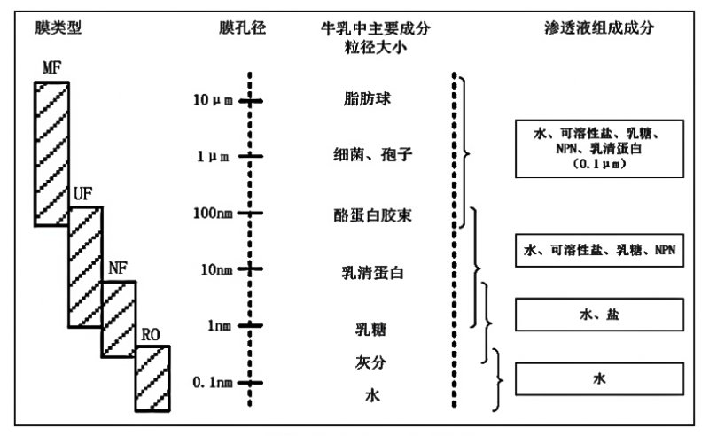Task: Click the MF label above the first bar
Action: click(52, 68)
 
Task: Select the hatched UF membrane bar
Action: click(85, 268)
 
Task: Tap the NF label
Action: click(118, 269)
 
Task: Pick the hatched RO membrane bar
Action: click(152, 378)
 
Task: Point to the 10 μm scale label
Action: click(213, 100)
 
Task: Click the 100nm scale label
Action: click(213, 213)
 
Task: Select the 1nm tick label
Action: click(219, 325)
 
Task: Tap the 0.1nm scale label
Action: click(213, 383)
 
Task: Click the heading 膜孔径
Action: click(242, 28)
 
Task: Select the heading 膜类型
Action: click(58, 28)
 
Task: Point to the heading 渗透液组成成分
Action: click(599, 28)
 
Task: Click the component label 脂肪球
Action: click(367, 98)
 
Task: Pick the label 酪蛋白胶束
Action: click(372, 215)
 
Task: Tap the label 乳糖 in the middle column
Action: click(370, 330)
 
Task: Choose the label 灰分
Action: click(370, 362)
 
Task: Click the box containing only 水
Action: click(600, 379)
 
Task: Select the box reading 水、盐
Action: click(600, 315)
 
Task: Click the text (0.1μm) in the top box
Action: click(600, 164)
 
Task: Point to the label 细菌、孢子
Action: click(372, 155)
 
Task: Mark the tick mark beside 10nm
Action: click(250, 269)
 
